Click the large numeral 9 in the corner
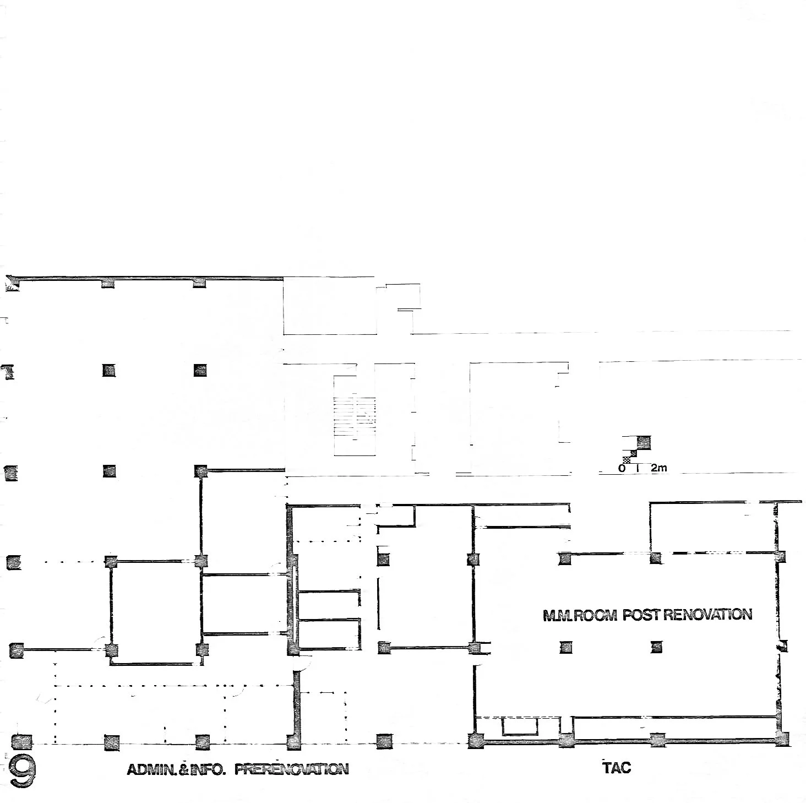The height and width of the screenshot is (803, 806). click(x=23, y=770)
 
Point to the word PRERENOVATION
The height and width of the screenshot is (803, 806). click(x=292, y=769)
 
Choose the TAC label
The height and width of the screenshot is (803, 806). click(x=617, y=767)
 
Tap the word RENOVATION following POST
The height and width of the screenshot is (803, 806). click(x=707, y=615)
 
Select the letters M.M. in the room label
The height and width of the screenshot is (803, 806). click(x=558, y=616)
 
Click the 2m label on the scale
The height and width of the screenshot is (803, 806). click(x=659, y=468)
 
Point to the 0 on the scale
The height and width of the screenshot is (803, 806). click(x=622, y=468)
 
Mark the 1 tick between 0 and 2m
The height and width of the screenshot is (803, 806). click(x=638, y=468)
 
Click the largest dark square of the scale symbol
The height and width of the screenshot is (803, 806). click(x=643, y=442)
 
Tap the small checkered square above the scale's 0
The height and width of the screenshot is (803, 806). click(x=627, y=459)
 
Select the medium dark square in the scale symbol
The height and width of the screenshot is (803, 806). click(x=634, y=453)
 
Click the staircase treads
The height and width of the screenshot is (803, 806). click(x=355, y=416)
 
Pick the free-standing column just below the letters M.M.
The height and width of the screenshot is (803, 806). click(x=565, y=647)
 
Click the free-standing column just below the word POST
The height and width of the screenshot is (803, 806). click(x=657, y=647)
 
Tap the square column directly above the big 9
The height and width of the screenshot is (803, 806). click(x=22, y=741)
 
